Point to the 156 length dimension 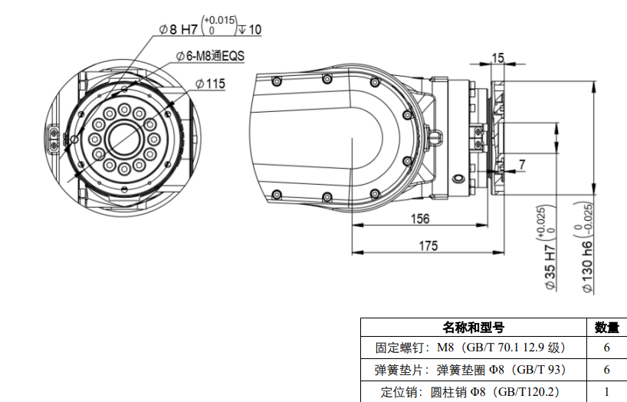(x=419, y=219)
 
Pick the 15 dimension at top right (x=497, y=58)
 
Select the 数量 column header (x=606, y=328)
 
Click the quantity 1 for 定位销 (x=606, y=391)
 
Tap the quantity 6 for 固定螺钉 (x=606, y=348)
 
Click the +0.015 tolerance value (x=221, y=21)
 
